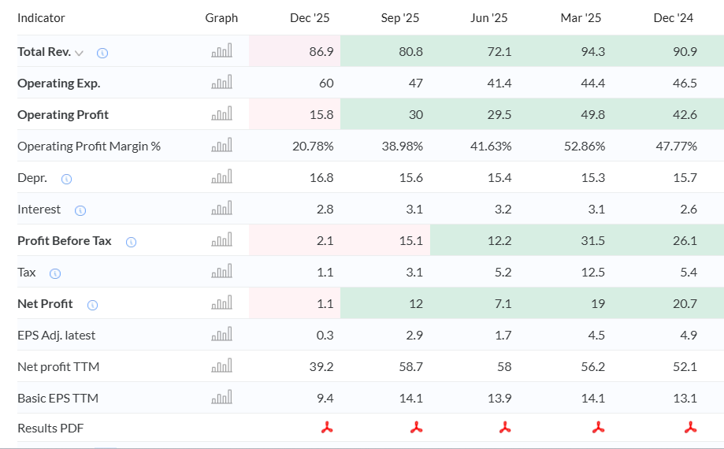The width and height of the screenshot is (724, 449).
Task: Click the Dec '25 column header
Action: coord(310,18)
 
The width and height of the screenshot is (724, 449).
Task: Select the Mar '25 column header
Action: coord(581,18)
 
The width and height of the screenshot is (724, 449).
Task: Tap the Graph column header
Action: coord(221,18)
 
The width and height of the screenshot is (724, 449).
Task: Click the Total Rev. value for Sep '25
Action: coord(410,51)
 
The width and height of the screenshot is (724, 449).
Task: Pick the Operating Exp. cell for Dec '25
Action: coord(326,83)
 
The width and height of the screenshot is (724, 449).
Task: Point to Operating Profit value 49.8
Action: coord(592,114)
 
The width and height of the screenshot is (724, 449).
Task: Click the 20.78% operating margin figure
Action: coord(313,147)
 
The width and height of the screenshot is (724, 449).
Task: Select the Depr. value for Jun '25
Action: coord(499,178)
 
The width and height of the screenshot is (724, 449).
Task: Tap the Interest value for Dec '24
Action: coord(689,209)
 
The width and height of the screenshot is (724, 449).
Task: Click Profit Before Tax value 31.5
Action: coord(593,240)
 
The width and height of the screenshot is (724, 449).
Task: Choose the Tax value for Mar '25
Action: coord(593,273)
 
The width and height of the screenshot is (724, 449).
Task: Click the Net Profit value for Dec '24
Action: coord(685,303)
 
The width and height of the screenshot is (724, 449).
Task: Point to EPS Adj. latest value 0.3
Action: coord(325,335)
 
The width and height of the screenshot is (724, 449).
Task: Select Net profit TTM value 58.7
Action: coord(411,367)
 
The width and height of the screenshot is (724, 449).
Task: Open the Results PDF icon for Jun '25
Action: coord(505,427)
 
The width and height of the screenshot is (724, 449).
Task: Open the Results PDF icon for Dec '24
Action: coord(691,427)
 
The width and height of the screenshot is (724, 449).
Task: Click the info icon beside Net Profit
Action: coord(92,305)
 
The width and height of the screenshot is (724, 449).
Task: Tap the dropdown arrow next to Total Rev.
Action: coord(79,53)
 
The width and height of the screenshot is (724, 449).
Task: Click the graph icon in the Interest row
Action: coord(221,208)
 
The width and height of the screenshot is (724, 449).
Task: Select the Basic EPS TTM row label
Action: coord(58,399)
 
